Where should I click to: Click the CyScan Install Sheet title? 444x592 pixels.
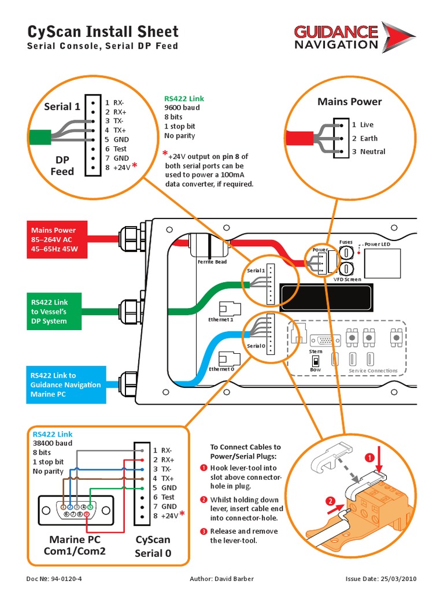coord(103,31)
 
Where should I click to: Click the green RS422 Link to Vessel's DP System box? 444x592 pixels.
coord(57,312)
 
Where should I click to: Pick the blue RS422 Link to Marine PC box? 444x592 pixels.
coord(66,384)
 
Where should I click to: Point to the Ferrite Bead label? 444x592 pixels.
coord(212,262)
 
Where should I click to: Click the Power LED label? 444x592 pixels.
coord(379,244)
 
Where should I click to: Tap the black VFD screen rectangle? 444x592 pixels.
coord(326,295)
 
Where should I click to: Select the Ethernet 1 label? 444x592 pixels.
coord(220,319)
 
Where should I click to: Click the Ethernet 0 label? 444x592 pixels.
coord(221,369)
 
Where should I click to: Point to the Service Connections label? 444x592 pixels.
coord(373,371)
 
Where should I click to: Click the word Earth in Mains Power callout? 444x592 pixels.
coord(368,138)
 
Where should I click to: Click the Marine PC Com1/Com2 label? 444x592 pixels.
coord(75,545)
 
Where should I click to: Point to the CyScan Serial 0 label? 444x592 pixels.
coord(153,546)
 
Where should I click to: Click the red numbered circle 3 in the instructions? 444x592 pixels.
coord(203,531)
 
